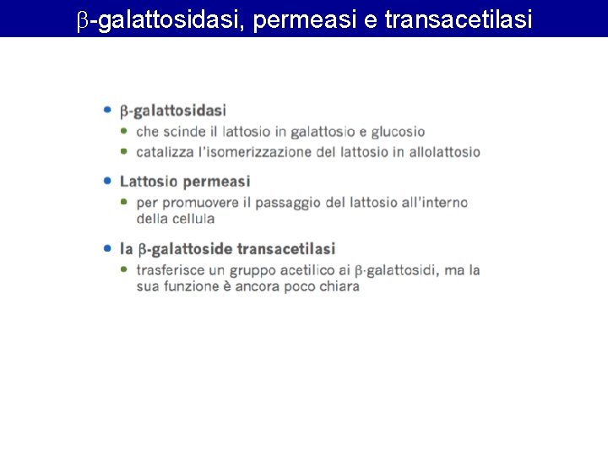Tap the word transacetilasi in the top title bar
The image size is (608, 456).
pos(458,19)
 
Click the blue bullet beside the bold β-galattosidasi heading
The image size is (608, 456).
pos(107,110)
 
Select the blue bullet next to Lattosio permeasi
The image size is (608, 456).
pos(107,181)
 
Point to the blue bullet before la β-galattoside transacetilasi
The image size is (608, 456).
pos(107,248)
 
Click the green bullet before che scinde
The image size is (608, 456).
pos(124,132)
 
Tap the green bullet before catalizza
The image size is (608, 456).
pos(124,152)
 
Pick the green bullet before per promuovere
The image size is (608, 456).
pos(124,202)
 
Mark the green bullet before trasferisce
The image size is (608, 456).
pos(124,269)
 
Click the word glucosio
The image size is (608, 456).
pos(398,132)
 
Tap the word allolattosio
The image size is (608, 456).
pos(444,153)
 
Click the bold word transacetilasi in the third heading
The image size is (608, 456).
pos(286,248)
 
